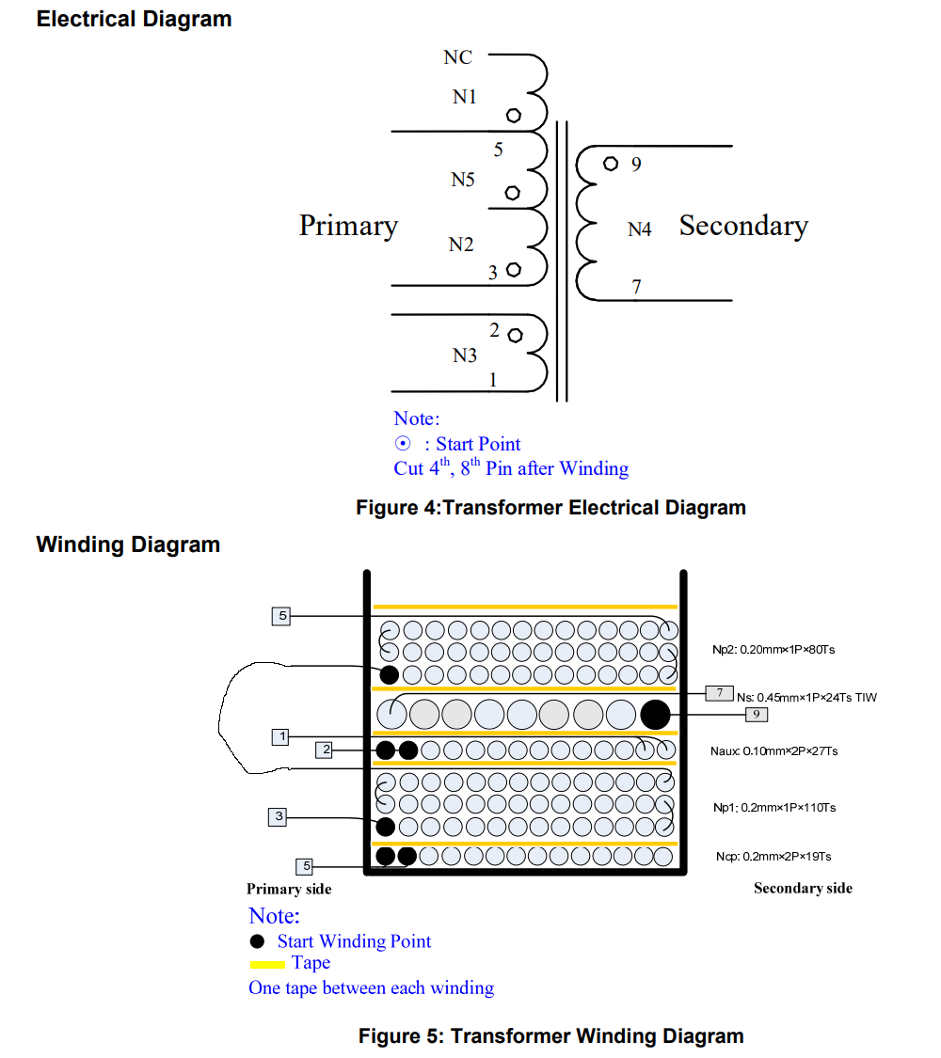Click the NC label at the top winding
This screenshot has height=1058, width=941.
458,58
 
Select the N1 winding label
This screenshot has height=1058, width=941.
465,96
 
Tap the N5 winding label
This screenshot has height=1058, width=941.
463,180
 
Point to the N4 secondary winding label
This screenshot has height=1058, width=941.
640,229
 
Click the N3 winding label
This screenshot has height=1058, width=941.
465,355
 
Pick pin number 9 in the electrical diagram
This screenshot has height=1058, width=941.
636,166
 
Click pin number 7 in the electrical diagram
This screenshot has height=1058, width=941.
637,287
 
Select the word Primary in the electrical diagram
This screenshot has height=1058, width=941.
348,226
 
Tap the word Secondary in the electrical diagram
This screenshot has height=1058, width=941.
743,226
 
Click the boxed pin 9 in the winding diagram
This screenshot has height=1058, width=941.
757,715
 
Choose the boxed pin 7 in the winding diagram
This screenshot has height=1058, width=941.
719,693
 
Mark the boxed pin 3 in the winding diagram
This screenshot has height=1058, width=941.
277,816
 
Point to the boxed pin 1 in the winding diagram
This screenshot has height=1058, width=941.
279,736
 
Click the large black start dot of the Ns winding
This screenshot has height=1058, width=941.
655,715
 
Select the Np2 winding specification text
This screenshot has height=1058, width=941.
774,649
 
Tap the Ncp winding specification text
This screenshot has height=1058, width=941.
773,857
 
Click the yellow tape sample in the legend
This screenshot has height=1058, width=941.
267,964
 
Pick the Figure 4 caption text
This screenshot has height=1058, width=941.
550,508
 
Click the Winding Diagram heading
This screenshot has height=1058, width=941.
128,545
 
